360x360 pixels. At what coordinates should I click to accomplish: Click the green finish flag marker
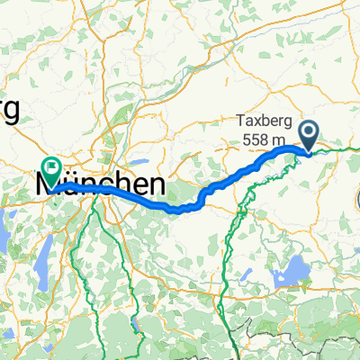coord(49,166)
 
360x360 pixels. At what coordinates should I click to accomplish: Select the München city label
coord(100,186)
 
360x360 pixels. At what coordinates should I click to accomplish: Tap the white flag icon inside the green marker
coord(49,164)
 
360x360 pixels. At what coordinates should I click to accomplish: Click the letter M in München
coord(46,186)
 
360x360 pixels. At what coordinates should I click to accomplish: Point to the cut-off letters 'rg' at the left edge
coord(9,112)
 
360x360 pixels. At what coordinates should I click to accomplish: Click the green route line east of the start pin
coord(337,149)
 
